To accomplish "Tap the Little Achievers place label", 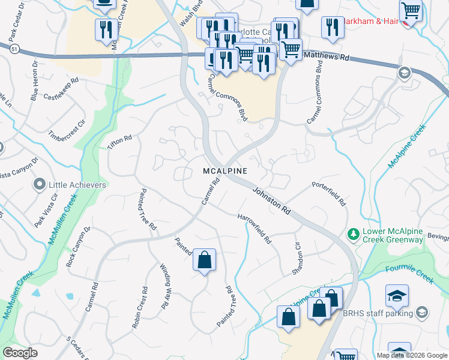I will point(78,185).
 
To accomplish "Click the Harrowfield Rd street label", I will point(255,229).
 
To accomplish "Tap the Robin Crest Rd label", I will point(139,307).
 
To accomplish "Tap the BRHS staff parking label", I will point(387,313).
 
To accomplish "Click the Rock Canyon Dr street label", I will point(78,246).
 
